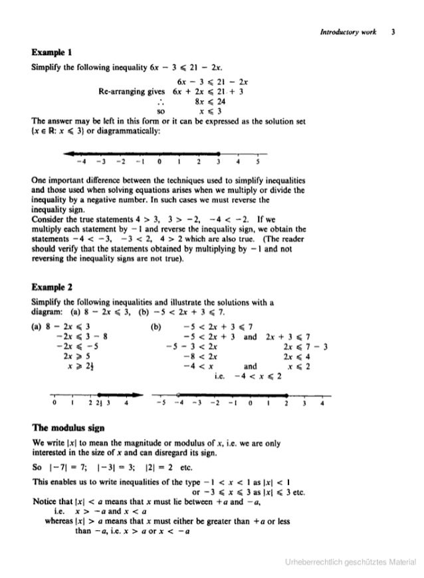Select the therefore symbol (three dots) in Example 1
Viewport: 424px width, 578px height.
(x=159, y=102)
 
